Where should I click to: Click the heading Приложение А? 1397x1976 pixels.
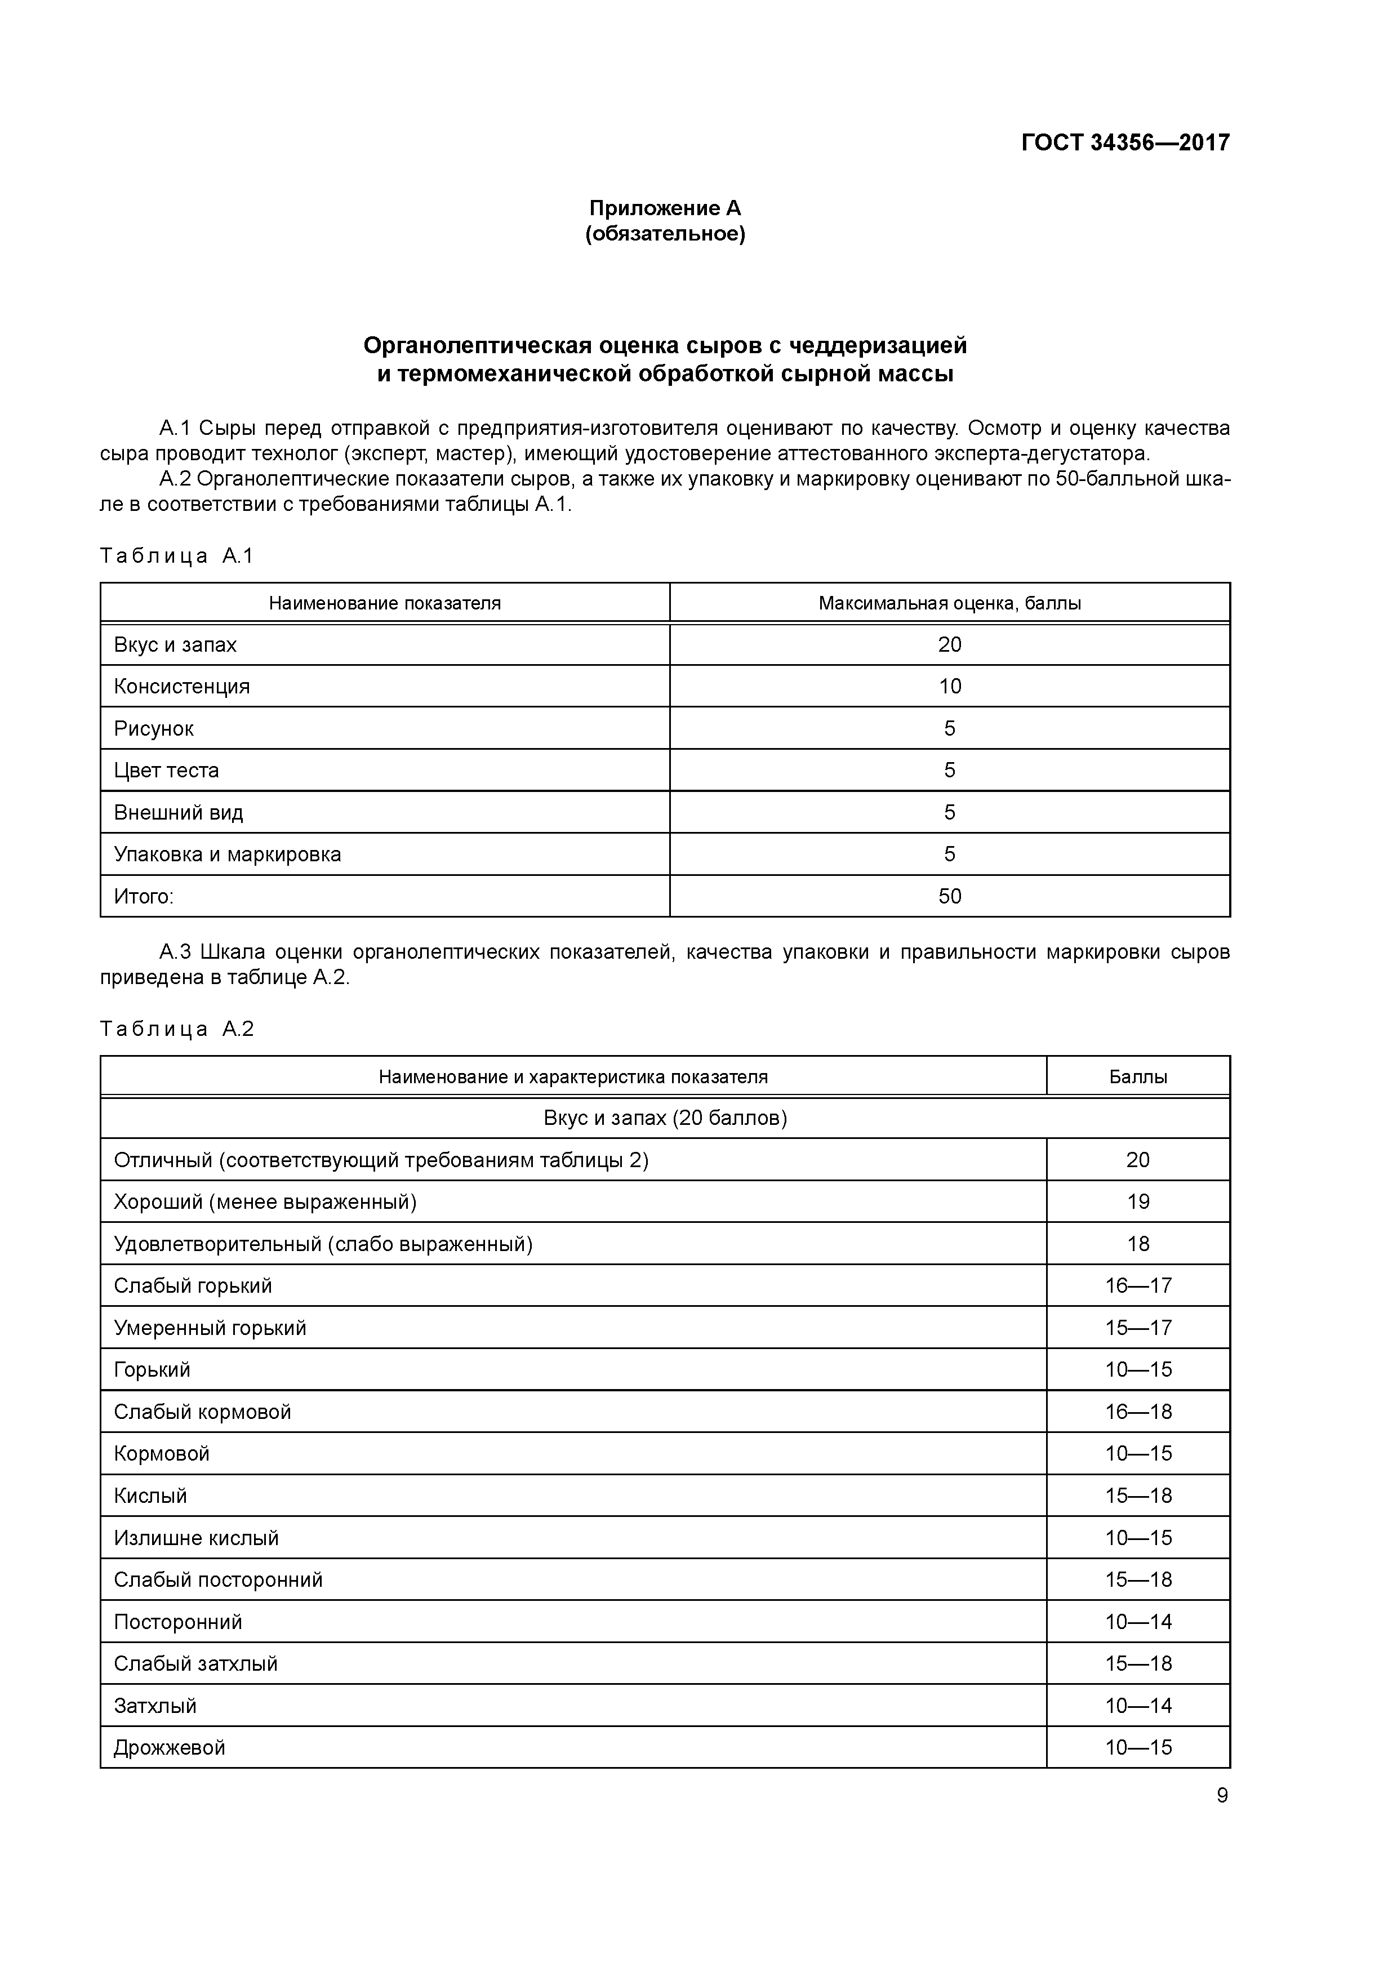(x=665, y=208)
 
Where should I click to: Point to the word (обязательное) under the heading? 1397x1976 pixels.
(x=665, y=234)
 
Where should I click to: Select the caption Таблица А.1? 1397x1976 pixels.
(x=176, y=556)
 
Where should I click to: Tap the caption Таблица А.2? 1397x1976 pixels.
(x=176, y=1029)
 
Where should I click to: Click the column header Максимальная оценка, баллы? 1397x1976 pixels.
(x=949, y=603)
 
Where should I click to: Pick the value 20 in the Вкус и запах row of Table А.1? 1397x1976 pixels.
(x=949, y=644)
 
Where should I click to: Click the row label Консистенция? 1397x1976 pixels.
(x=181, y=687)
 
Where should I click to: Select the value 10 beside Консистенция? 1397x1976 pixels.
(x=949, y=687)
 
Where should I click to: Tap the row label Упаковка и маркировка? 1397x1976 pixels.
(x=227, y=855)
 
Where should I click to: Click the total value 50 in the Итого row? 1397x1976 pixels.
(x=949, y=897)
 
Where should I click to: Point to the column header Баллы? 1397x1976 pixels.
(x=1138, y=1076)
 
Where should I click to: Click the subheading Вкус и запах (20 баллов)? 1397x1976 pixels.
(x=665, y=1118)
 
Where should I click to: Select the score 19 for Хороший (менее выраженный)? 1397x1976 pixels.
(x=1138, y=1202)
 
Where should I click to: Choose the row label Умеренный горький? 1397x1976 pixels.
(x=210, y=1328)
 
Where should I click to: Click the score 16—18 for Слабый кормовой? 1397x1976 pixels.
(x=1138, y=1412)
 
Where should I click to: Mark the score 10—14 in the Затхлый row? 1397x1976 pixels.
(x=1138, y=1706)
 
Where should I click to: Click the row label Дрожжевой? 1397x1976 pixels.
(x=170, y=1748)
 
